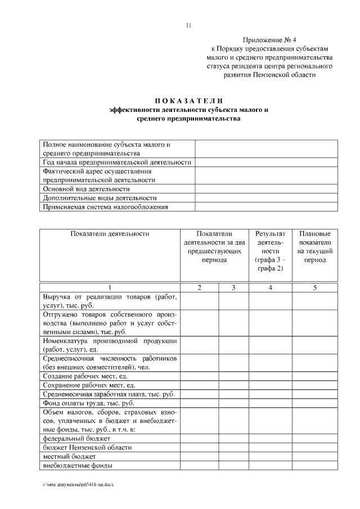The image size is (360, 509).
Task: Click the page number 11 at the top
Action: (x=188, y=25)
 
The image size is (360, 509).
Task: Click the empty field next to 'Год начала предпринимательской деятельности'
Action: (x=266, y=163)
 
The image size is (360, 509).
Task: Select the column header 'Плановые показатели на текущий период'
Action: (x=314, y=247)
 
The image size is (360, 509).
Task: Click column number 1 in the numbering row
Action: (x=110, y=287)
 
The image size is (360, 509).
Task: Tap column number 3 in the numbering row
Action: (x=233, y=287)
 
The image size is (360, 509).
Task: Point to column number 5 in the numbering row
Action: (x=314, y=287)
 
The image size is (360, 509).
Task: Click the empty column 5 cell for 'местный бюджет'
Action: (x=314, y=456)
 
